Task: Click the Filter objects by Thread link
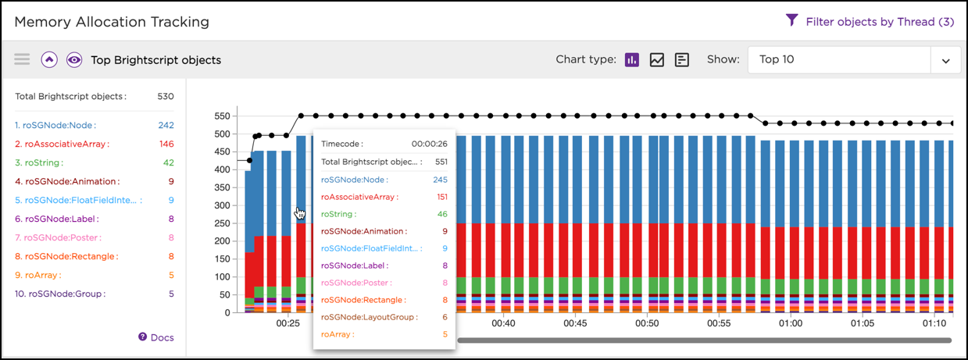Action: [x=880, y=22]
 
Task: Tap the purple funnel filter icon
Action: [x=791, y=21]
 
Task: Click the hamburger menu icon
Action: [x=22, y=59]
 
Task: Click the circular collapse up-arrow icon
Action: [x=49, y=59]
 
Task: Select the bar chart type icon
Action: [x=632, y=60]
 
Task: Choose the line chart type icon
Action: [x=657, y=60]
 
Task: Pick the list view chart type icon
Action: [x=682, y=60]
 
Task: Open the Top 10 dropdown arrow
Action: [x=945, y=60]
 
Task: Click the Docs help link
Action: [x=156, y=337]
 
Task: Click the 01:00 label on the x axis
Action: [x=791, y=323]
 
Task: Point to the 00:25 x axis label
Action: [x=288, y=323]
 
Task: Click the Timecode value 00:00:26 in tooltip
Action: [x=430, y=144]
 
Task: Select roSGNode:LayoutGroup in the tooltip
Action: [x=370, y=317]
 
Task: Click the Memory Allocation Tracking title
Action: [x=112, y=22]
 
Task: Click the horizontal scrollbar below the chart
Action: [x=704, y=340]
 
